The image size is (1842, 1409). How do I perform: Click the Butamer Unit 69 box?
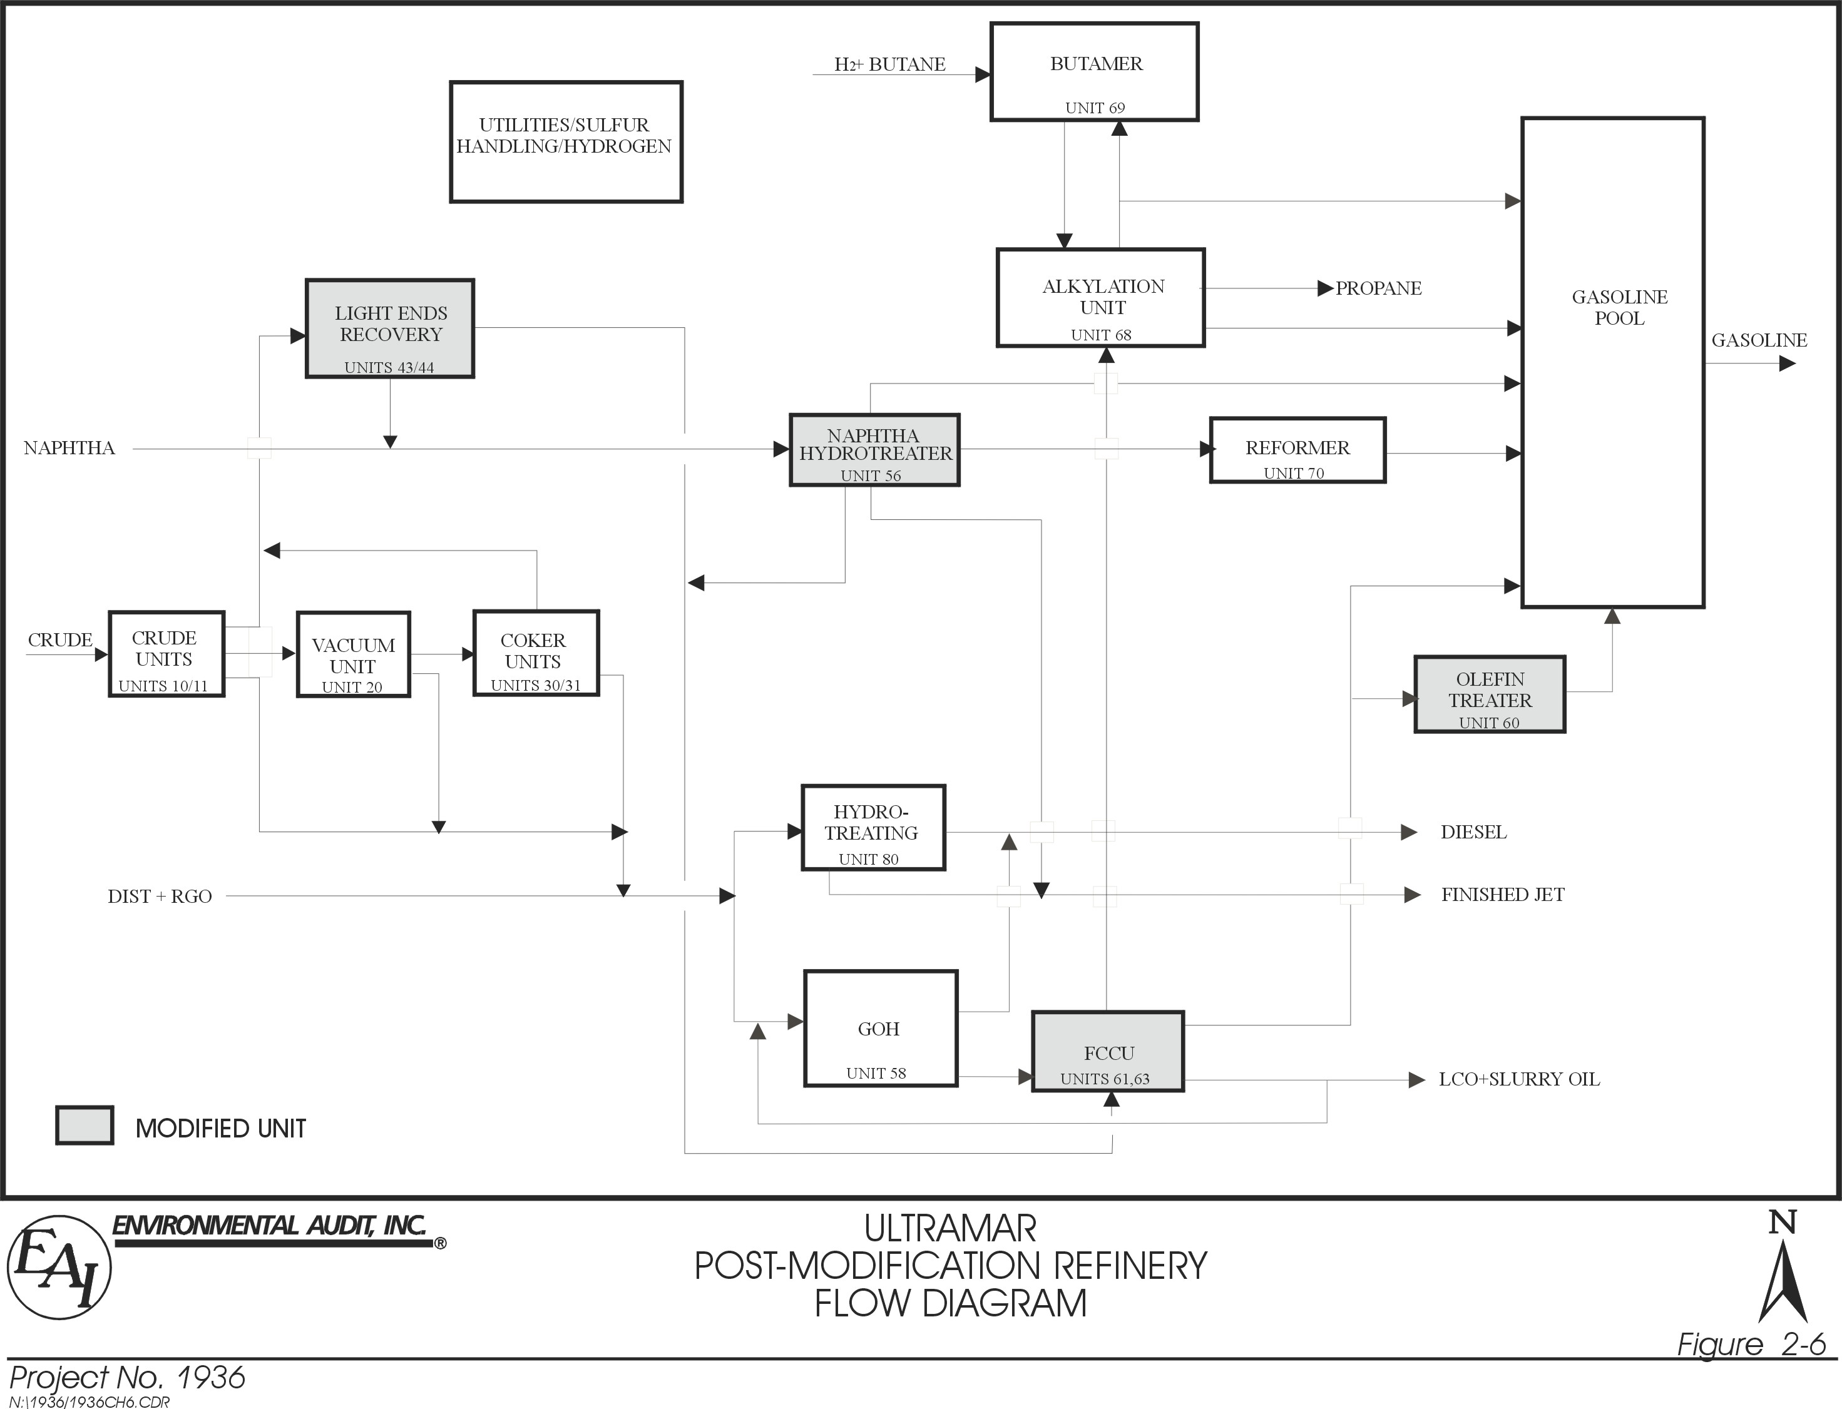point(1094,72)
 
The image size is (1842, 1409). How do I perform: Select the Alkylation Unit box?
point(1100,298)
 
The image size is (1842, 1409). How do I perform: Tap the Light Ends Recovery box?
point(389,328)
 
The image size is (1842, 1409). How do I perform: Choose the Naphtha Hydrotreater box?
point(874,450)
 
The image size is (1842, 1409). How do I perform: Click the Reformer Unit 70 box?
point(1297,450)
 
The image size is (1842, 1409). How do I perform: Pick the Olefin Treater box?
point(1489,694)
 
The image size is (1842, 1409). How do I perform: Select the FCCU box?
point(1107,1052)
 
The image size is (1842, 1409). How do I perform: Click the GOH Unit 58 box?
point(880,1029)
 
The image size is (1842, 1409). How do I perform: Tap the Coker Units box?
point(536,653)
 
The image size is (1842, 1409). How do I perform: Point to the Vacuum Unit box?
point(353,655)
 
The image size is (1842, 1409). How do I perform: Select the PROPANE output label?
point(1378,288)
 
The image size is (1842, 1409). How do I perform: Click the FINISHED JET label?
point(1502,895)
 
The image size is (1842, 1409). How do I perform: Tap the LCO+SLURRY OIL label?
point(1519,1079)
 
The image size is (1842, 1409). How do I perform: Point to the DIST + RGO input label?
point(160,897)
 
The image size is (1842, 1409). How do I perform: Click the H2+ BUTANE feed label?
point(889,64)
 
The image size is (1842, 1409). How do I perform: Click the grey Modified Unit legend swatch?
point(84,1126)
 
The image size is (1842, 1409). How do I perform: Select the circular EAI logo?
point(59,1267)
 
